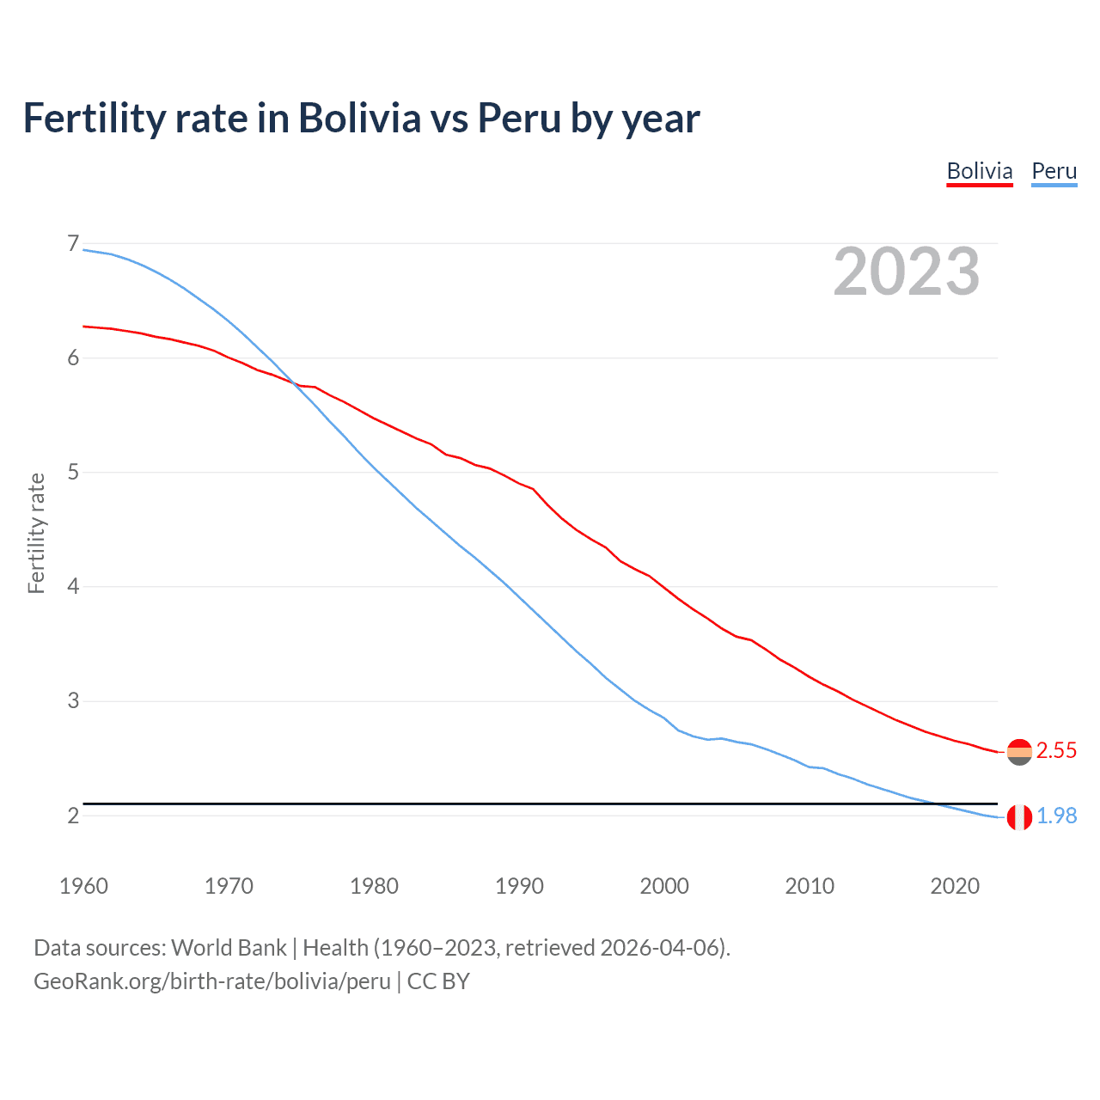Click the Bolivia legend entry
979,171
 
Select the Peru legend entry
1054,171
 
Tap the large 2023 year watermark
906,272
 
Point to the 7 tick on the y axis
72,244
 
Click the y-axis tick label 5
72,472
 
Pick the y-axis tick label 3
72,700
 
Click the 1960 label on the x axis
83,886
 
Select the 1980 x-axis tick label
374,886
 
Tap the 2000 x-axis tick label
664,886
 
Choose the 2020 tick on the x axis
955,886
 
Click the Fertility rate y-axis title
36,533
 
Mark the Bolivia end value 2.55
1056,750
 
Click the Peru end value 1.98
1056,816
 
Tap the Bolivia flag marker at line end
1019,752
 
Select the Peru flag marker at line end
1019,817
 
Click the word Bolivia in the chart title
359,118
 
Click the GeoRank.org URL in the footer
212,981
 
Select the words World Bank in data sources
229,947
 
